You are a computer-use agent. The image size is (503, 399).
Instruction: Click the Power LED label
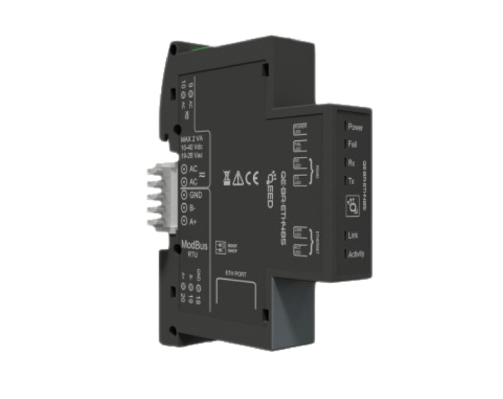point(355,127)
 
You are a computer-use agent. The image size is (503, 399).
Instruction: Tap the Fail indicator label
point(352,144)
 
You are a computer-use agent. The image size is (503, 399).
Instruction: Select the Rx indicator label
point(351,163)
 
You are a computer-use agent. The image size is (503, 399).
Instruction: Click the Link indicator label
point(353,235)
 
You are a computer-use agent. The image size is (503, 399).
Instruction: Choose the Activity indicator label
point(356,254)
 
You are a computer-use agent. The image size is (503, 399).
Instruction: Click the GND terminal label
point(196,195)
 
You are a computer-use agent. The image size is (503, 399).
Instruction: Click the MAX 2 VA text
point(191,139)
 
